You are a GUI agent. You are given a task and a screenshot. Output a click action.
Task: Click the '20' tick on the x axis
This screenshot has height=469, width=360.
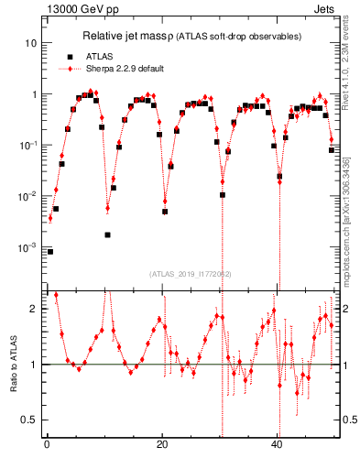point(161,446)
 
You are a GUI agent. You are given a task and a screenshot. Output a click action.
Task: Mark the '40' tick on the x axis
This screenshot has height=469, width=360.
point(277,446)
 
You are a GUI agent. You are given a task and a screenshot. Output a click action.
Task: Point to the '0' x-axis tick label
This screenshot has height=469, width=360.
point(47,446)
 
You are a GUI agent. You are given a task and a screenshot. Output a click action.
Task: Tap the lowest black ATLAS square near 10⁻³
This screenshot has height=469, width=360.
point(50,251)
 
